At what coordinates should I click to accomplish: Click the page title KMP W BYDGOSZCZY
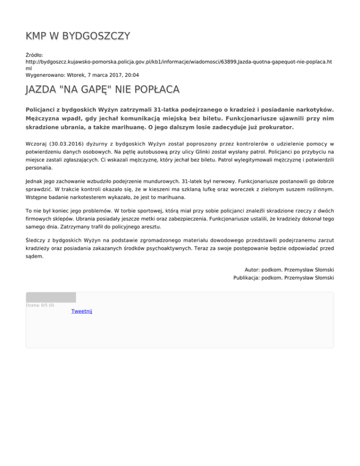click(x=78, y=36)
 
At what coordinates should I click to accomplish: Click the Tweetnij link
click(x=82, y=311)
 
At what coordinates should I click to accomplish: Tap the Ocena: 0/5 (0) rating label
click(x=40, y=305)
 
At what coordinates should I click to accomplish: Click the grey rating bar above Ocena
click(x=51, y=297)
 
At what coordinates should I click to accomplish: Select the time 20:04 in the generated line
click(x=131, y=75)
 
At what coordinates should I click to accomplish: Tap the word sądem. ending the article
click(x=35, y=256)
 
